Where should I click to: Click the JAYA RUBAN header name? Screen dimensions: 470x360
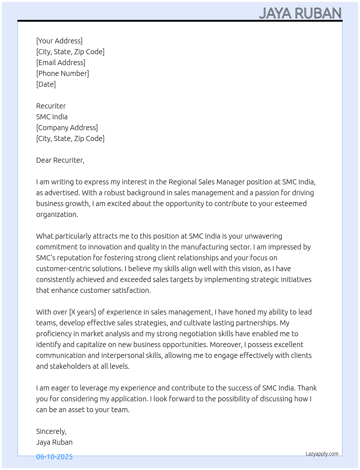click(300, 13)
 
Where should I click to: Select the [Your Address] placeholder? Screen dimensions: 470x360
click(59, 41)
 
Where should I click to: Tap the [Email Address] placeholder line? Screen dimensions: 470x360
click(61, 63)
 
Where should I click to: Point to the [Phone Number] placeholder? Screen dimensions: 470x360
click(63, 73)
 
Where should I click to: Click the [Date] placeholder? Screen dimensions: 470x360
click(46, 84)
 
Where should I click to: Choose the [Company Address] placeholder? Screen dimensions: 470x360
click(67, 128)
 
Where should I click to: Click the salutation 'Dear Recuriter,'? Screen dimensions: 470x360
click(60, 160)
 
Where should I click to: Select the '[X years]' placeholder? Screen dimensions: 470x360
click(82, 312)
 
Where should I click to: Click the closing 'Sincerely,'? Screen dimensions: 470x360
click(51, 431)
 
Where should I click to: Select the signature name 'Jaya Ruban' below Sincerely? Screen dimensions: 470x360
click(54, 442)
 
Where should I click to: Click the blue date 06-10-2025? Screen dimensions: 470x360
click(54, 457)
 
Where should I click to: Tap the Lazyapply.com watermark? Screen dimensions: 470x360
click(322, 454)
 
